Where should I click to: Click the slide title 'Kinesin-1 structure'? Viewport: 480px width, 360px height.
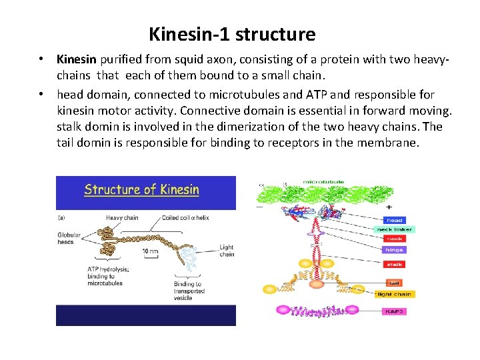tap(232, 33)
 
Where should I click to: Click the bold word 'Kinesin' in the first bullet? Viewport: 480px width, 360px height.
tap(77, 59)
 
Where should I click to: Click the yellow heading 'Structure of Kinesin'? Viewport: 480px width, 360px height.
tap(141, 190)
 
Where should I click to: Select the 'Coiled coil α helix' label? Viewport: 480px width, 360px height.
tap(185, 218)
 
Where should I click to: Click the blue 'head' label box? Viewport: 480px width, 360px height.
tap(394, 220)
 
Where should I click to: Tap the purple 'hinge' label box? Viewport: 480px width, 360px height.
tap(394, 250)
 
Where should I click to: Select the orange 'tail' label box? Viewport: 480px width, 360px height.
tap(394, 283)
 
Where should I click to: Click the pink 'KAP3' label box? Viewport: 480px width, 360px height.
tap(394, 311)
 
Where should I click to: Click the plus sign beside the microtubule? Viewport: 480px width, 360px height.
tap(388, 207)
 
